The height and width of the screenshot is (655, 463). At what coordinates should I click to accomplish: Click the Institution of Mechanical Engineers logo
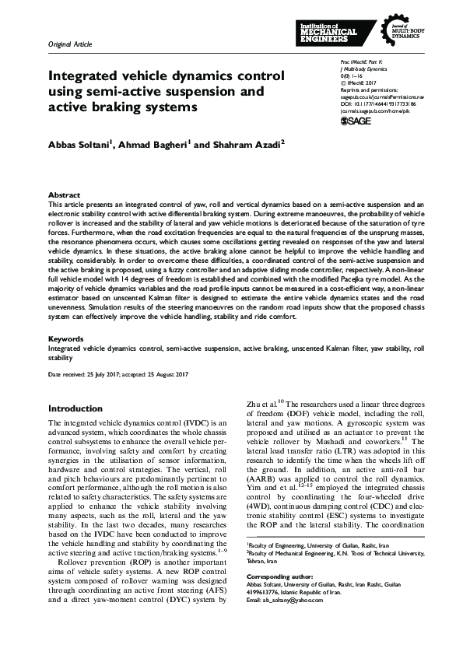click(328, 32)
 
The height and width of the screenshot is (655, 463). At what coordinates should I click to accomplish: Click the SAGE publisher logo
click(355, 121)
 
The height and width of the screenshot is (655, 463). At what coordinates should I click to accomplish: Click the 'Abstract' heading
click(64, 194)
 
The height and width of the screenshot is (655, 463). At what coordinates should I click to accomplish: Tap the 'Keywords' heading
click(66, 339)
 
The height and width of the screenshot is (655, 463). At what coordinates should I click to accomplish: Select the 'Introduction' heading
click(79, 408)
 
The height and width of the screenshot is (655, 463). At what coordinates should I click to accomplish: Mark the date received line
click(118, 375)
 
